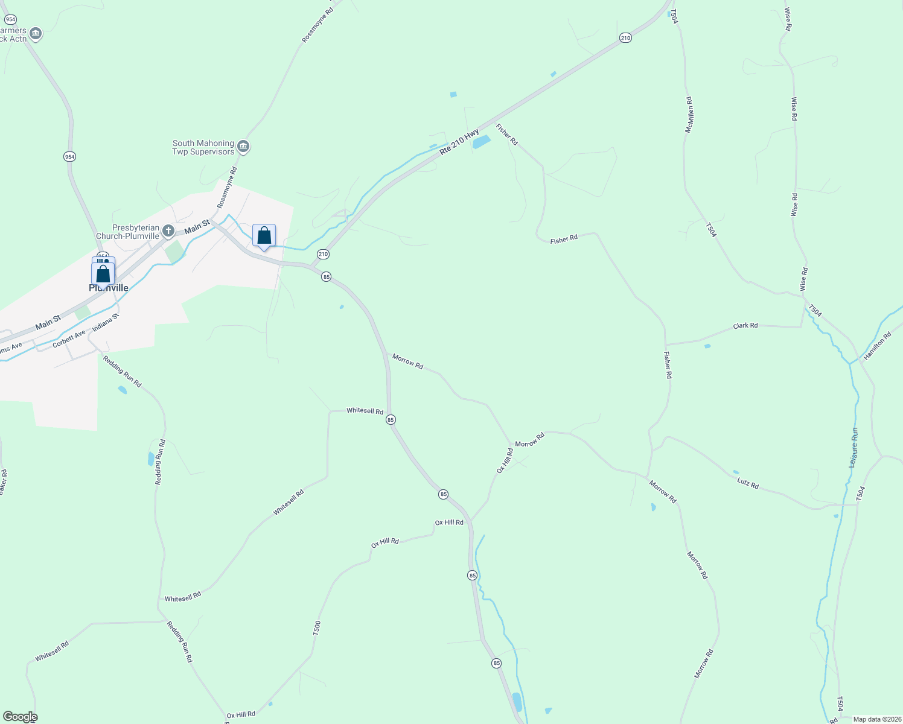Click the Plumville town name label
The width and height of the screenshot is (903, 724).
pos(109,288)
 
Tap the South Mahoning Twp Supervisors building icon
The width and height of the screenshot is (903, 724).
pos(243,147)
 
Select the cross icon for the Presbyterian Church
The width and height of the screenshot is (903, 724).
pos(168,231)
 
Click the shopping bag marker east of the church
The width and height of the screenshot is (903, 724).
pos(264,235)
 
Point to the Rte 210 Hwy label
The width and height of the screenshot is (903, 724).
pos(459,142)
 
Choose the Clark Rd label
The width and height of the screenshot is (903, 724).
pos(745,326)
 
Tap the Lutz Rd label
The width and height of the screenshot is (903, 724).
pos(748,483)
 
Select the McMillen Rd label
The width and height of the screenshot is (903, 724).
pos(689,115)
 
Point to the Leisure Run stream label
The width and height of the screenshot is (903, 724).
pos(854,447)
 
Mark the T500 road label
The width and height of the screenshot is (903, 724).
pos(317,628)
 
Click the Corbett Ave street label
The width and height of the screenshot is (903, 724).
pos(69,339)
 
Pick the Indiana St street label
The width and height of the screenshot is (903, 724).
pos(106,323)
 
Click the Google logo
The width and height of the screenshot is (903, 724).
pos(20,717)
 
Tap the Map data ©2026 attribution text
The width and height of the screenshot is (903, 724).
pos(876,719)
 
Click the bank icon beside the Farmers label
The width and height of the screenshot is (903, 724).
pos(36,34)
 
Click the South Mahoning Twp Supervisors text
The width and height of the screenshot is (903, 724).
pos(203,148)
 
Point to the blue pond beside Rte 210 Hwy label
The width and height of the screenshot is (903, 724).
pos(481,142)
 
